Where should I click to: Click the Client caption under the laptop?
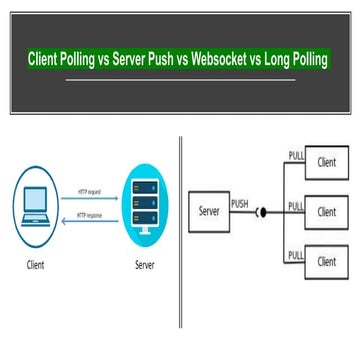[x=34, y=265]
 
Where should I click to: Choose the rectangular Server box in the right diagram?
[x=209, y=213]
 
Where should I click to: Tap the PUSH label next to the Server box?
[x=240, y=203]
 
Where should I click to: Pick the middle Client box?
[x=327, y=212]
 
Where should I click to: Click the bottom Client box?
[x=327, y=261]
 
